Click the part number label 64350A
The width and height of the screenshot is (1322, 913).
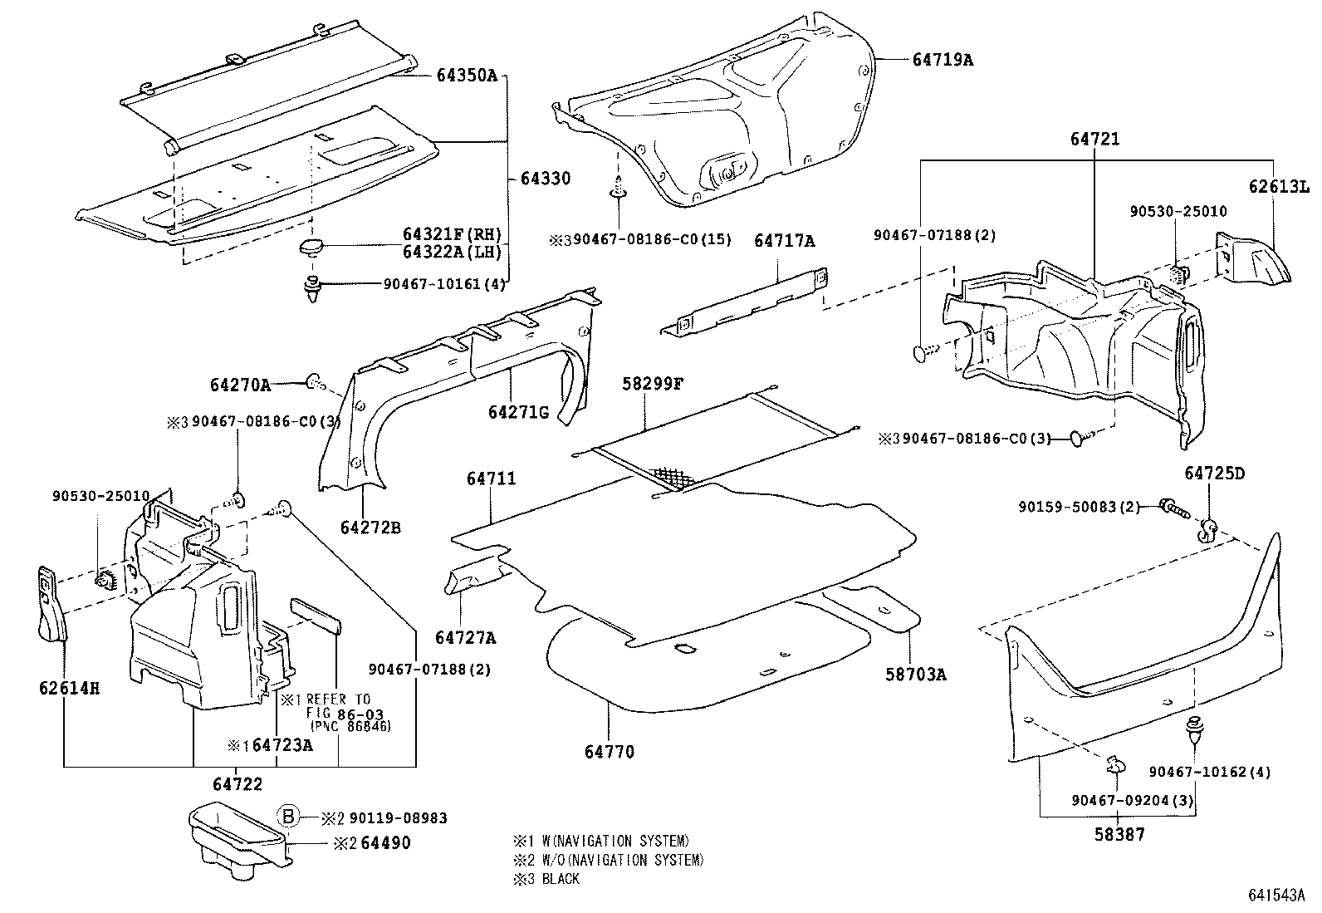point(466,76)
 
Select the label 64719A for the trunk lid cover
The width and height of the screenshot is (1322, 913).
point(943,60)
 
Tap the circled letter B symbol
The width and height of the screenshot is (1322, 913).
point(287,817)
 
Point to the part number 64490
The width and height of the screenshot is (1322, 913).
point(384,843)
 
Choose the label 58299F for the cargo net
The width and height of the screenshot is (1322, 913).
point(653,384)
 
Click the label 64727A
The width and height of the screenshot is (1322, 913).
point(465,637)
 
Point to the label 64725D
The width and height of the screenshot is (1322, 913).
point(1214,474)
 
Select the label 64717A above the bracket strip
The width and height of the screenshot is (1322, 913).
point(784,241)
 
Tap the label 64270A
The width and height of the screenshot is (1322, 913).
point(240,385)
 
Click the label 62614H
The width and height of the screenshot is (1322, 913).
point(69,688)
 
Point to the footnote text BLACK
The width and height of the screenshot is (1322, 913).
point(561,878)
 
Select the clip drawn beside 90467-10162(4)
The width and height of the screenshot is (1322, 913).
point(1195,729)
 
